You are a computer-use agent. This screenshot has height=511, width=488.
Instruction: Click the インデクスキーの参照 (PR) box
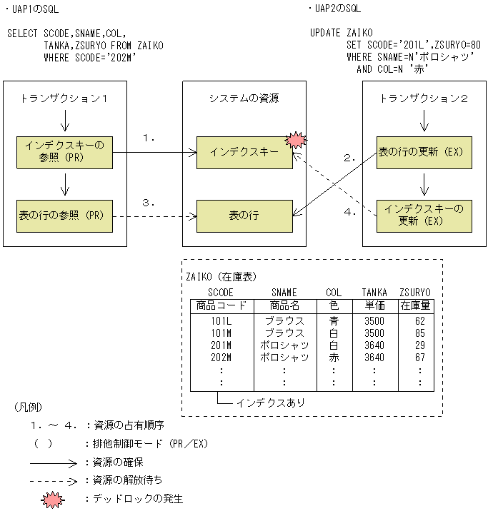click(x=64, y=151)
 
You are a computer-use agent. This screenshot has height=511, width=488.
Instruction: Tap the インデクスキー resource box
click(x=244, y=152)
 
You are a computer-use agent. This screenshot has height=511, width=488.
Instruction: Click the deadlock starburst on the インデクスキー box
click(x=294, y=140)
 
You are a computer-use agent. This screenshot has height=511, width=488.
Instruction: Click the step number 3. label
click(x=149, y=203)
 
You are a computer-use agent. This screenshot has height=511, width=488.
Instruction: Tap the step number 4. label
click(x=350, y=212)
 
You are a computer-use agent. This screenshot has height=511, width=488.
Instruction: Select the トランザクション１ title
click(x=64, y=98)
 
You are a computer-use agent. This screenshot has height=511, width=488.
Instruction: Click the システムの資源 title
click(x=244, y=98)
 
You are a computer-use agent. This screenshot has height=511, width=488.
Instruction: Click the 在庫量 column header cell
click(x=419, y=305)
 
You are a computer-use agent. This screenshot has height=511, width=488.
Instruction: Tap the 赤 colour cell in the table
click(x=334, y=357)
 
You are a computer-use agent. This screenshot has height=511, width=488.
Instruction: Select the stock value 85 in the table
click(x=419, y=333)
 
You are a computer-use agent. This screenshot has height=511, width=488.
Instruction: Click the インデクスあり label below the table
click(x=271, y=403)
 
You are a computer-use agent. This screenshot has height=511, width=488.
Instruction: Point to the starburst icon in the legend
click(x=54, y=499)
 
